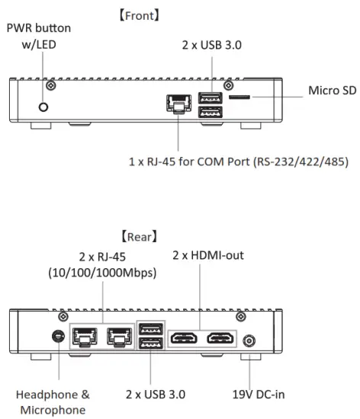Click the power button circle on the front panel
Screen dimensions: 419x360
43,107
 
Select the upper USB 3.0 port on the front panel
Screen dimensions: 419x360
211,98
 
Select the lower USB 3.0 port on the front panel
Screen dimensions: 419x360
211,112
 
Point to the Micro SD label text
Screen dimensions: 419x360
332,91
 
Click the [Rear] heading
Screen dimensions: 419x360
179,236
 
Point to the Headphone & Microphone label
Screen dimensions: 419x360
54,401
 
